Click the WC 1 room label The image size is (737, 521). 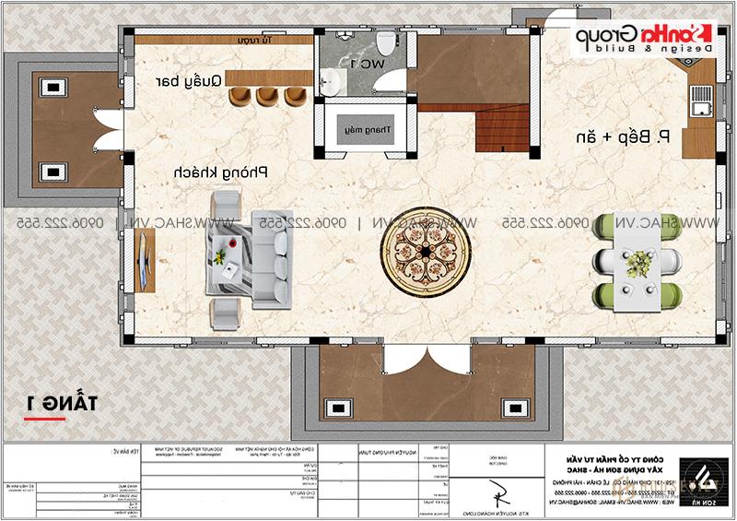coord(367,64)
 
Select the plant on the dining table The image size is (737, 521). coord(634,262)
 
